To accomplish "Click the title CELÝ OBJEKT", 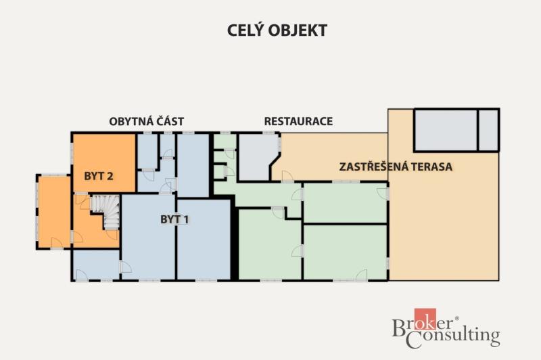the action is (x=277, y=30).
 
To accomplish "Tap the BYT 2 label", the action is (x=98, y=176).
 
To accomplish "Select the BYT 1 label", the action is (x=174, y=219).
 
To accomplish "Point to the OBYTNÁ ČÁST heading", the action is (x=146, y=122).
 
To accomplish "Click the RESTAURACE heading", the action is (x=298, y=121).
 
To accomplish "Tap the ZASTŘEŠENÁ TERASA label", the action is (x=396, y=166).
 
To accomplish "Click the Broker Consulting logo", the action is (x=446, y=329).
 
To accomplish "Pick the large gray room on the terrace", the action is (x=446, y=130).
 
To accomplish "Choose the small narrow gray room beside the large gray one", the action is (x=488, y=130).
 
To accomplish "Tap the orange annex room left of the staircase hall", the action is (x=54, y=212).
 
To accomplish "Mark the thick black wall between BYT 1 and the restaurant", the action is (x=234, y=238).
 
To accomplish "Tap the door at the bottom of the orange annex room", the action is (x=57, y=243).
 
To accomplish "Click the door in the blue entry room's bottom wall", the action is (x=81, y=275).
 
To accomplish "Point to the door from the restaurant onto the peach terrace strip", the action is (x=288, y=177).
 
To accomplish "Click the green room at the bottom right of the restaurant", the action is (x=345, y=252).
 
